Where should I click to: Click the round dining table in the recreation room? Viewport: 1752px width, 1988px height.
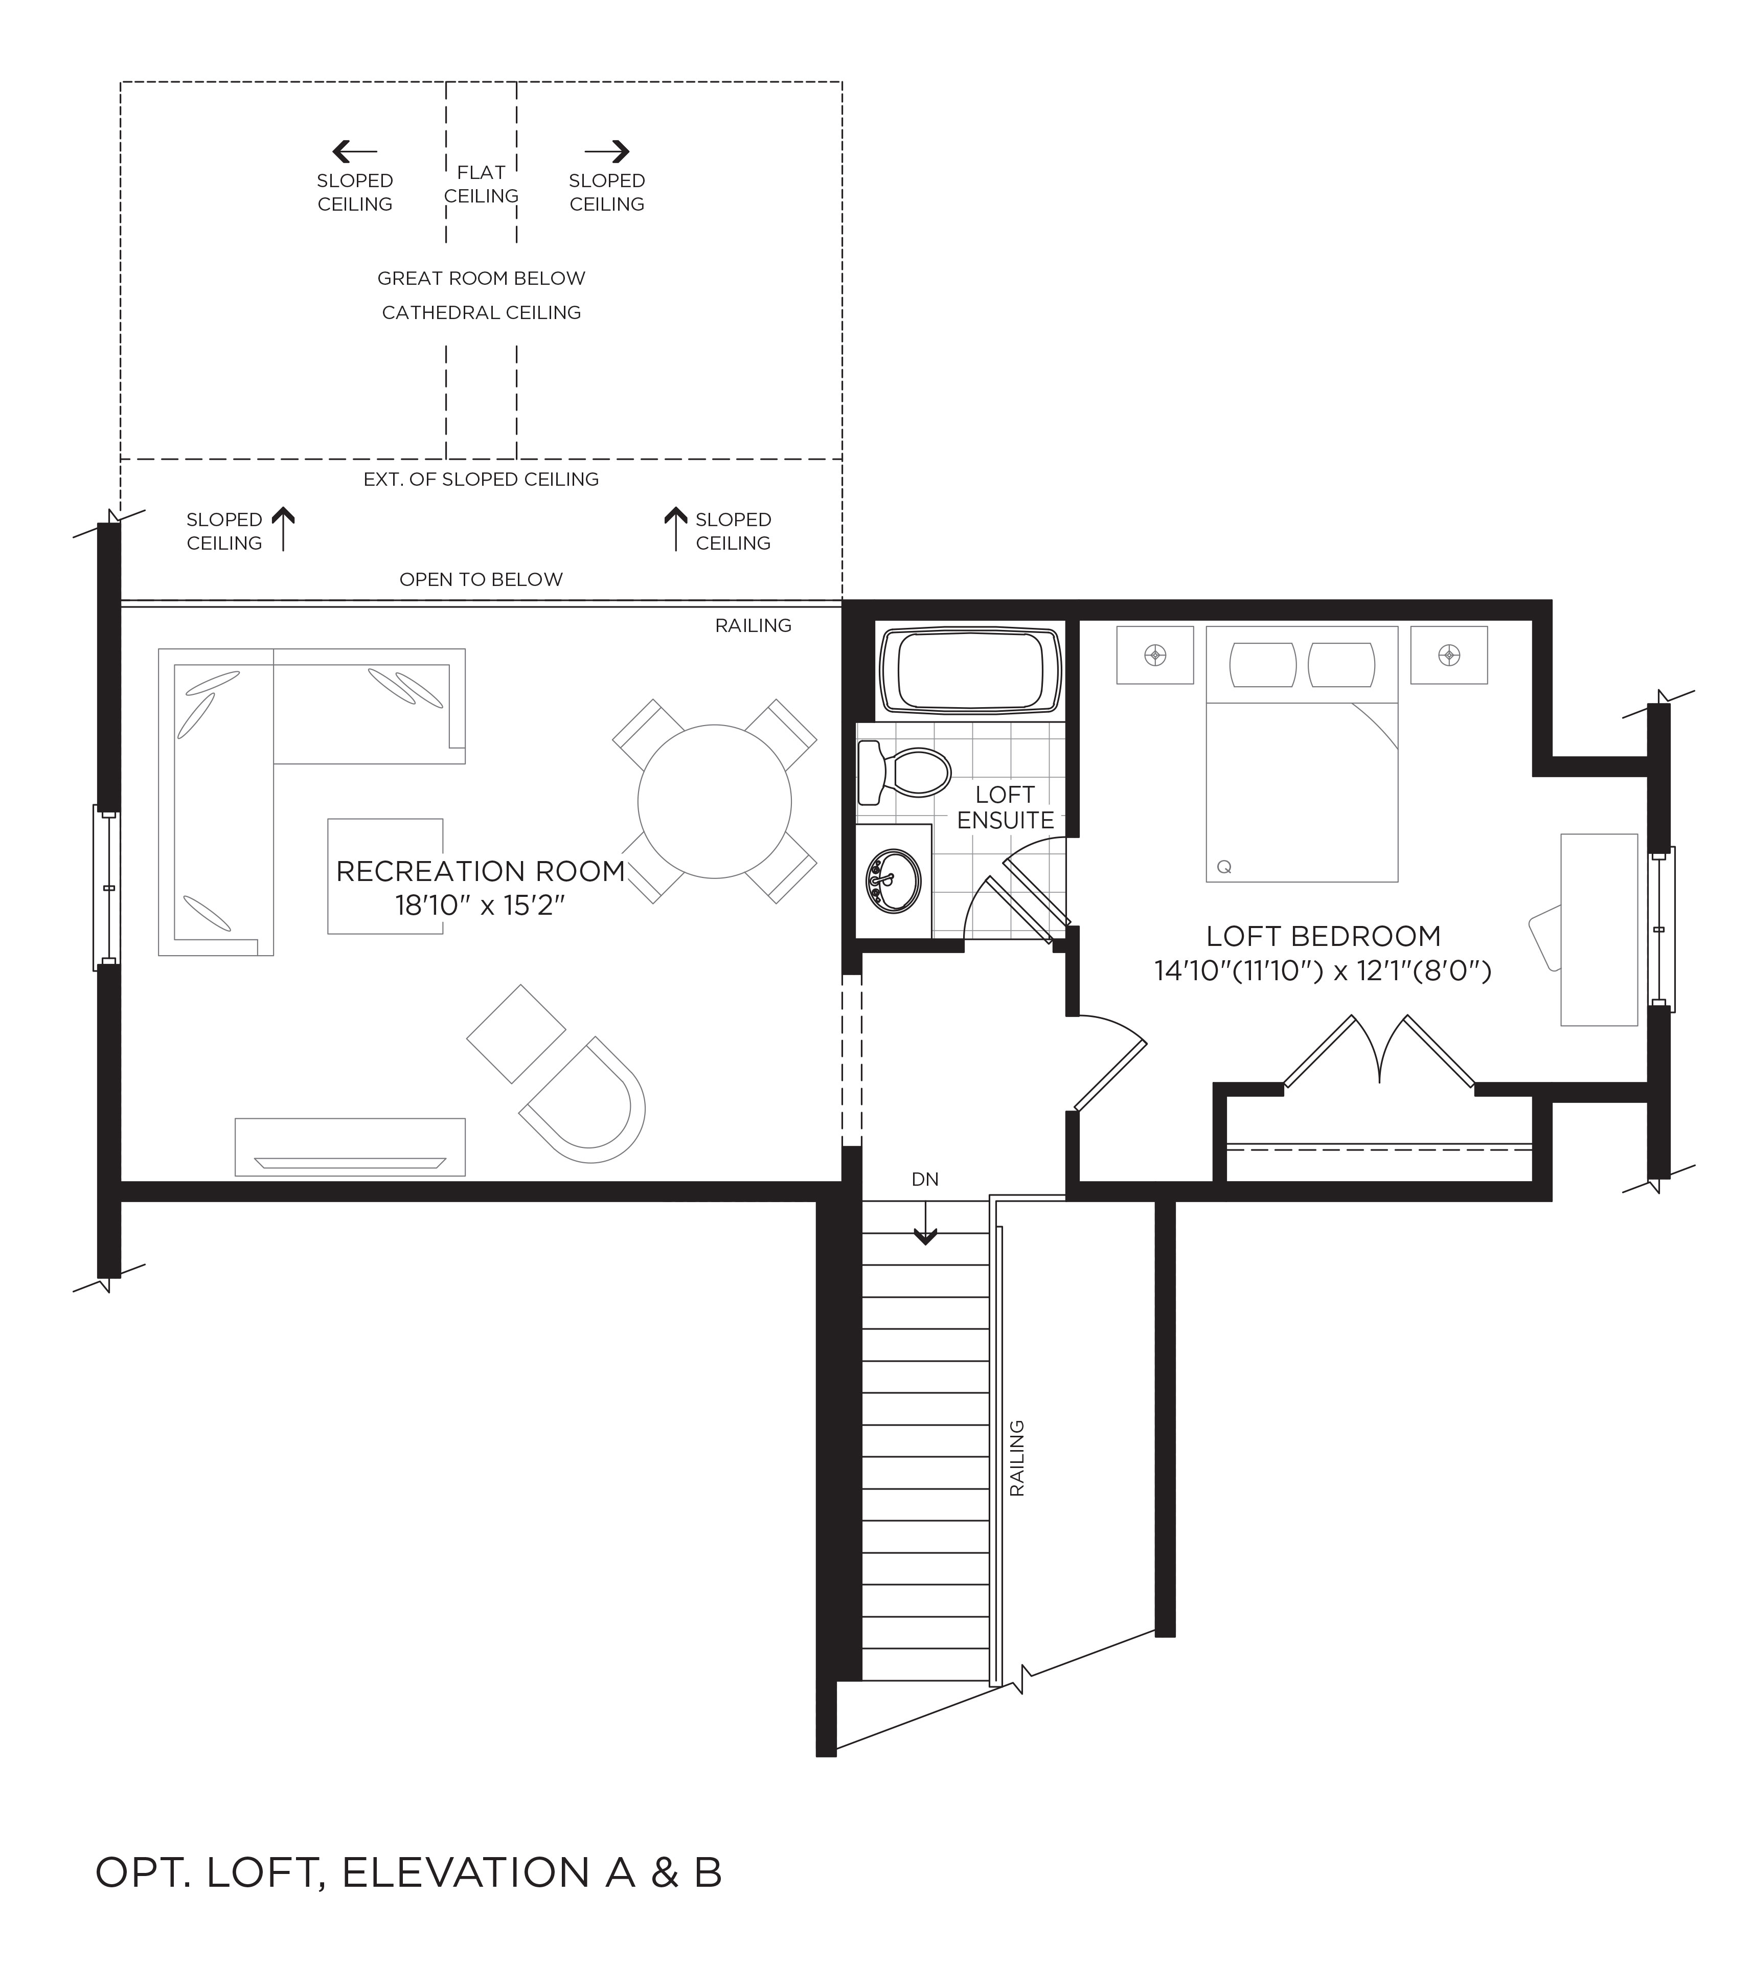pyautogui.click(x=715, y=801)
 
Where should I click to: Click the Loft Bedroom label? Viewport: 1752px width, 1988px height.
pyautogui.click(x=1323, y=936)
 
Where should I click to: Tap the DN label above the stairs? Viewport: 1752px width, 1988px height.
pyautogui.click(x=925, y=1180)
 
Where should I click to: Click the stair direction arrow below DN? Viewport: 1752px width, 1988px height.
pyautogui.click(x=925, y=1224)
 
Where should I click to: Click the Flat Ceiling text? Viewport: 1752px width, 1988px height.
pyautogui.click(x=481, y=184)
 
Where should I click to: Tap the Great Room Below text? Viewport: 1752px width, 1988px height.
pyautogui.click(x=481, y=278)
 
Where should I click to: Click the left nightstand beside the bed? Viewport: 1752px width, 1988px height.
pyautogui.click(x=1155, y=656)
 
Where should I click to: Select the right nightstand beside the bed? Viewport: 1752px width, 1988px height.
pyautogui.click(x=1449, y=656)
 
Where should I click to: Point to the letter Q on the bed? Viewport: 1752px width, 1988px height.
pyautogui.click(x=1224, y=867)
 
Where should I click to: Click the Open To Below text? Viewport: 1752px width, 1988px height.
pyautogui.click(x=481, y=580)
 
